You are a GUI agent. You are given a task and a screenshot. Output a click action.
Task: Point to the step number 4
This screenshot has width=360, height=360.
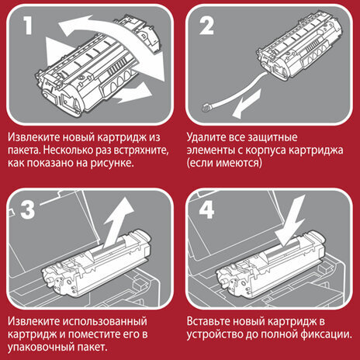(x=207, y=209)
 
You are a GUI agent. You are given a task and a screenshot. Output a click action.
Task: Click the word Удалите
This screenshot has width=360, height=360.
(x=208, y=137)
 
